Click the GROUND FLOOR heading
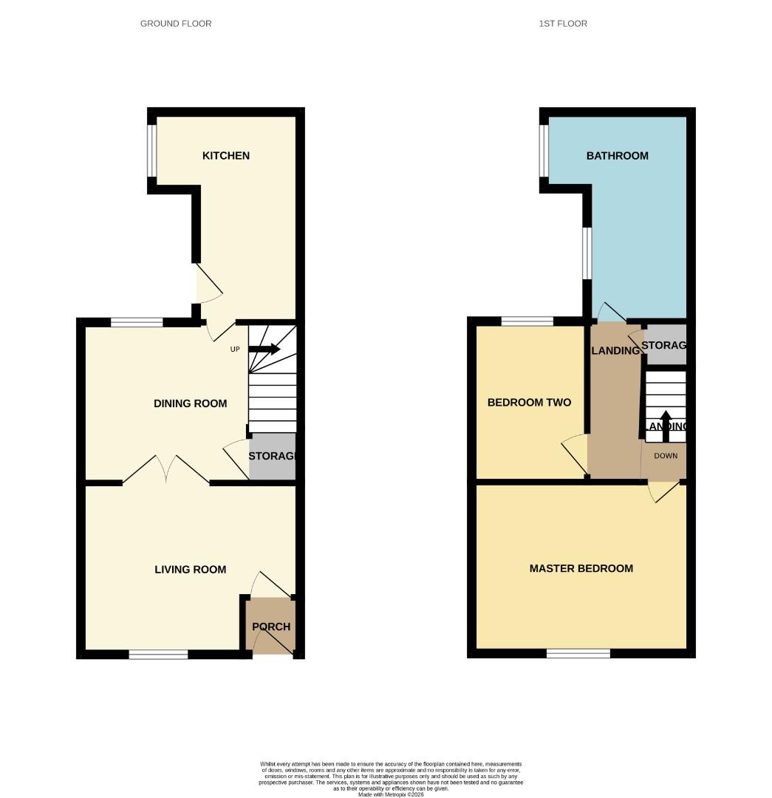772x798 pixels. coord(176,24)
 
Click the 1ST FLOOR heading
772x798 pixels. coord(563,24)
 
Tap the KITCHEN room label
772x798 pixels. coord(226,156)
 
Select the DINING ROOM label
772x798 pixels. coord(190,403)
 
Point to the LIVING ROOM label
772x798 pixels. coord(190,570)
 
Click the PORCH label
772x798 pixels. coord(271,627)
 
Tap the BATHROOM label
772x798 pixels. coord(617,156)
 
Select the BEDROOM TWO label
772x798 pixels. coord(529,403)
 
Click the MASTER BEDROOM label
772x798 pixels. coord(581,568)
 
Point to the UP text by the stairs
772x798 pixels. coord(235,349)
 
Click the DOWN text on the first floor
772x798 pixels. coord(666,456)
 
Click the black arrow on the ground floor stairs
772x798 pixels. coord(264,349)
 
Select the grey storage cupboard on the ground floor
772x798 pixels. coord(272,457)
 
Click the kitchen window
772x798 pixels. coord(151,151)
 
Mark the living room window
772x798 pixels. coord(158,654)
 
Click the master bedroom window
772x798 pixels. coord(578,654)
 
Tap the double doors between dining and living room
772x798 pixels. coord(166,471)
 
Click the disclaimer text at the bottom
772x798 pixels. coord(391,778)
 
